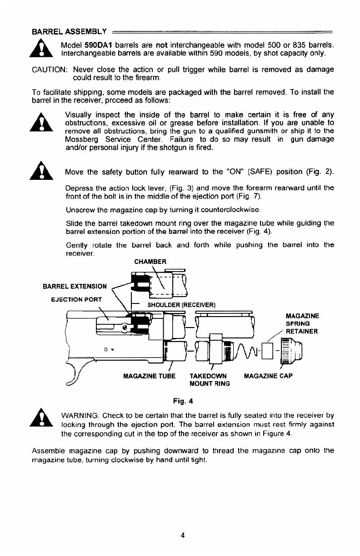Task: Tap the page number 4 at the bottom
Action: point(182,535)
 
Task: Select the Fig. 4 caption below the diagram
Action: point(181,400)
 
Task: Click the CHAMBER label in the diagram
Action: point(151,261)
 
